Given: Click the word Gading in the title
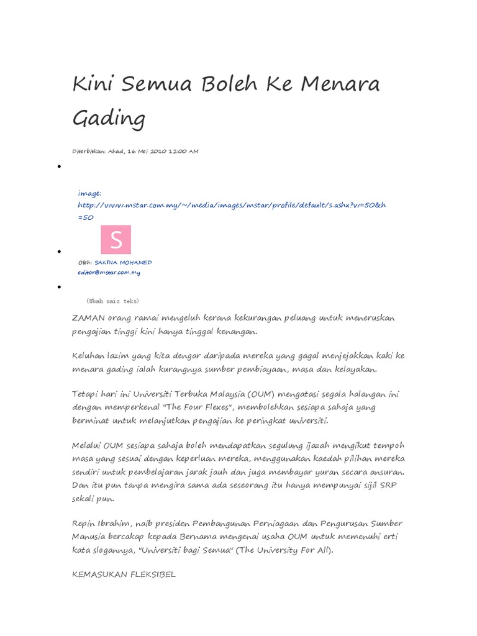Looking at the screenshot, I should [x=109, y=118].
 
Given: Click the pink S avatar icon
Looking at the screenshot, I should [x=116, y=240].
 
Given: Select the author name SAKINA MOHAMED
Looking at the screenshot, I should [x=123, y=263].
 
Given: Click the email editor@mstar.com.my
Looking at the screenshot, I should [x=109, y=272].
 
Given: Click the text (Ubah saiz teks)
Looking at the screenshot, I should [x=113, y=301].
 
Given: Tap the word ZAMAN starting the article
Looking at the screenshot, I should [x=88, y=318].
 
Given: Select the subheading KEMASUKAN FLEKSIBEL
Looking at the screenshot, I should [x=124, y=575].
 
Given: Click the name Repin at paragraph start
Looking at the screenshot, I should [x=86, y=524].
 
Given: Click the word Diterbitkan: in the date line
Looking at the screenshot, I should [x=89, y=151].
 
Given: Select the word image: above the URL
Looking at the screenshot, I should [x=89, y=193].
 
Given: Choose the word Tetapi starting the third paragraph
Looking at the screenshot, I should [x=87, y=394].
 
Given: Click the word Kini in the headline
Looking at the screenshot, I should [x=94, y=84].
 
